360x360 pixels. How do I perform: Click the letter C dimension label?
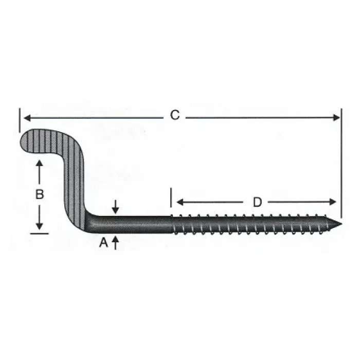pyautogui.click(x=175, y=115)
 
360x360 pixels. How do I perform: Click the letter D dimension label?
pyautogui.click(x=257, y=202)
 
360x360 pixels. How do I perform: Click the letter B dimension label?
pyautogui.click(x=39, y=195)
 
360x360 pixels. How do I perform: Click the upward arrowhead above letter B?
pyautogui.click(x=39, y=164)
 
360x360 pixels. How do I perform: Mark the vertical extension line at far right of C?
pyautogui.click(x=340, y=162)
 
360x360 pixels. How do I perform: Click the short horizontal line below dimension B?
pyautogui.click(x=39, y=233)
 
